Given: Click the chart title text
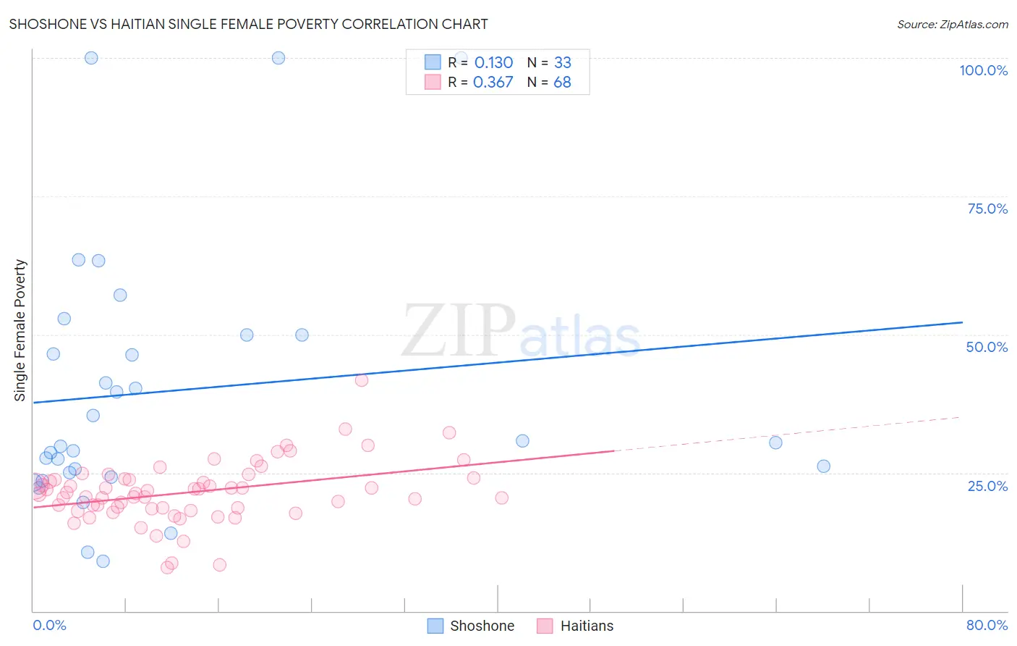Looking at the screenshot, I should click(x=248, y=24).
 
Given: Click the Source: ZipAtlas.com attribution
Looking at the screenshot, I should click(x=952, y=24).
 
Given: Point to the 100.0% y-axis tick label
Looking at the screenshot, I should click(x=983, y=70).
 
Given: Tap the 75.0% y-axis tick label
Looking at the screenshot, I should click(x=987, y=209).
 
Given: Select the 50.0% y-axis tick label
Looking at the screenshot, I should click(x=987, y=347).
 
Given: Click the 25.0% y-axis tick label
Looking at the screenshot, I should click(x=987, y=485).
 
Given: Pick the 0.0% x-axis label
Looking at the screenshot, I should click(x=49, y=625).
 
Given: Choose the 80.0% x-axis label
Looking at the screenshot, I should click(x=987, y=625).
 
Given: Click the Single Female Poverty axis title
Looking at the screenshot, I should click(x=20, y=330).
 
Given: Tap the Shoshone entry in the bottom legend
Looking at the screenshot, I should click(x=482, y=626).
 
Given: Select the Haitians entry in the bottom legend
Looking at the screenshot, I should click(x=587, y=626).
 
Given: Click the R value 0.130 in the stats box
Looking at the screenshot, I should click(x=493, y=63).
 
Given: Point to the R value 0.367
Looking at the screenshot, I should click(x=493, y=83).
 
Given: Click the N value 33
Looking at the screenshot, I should click(x=562, y=63).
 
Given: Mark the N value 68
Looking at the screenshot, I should click(x=562, y=83).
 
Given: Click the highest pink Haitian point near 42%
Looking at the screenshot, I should click(x=362, y=380).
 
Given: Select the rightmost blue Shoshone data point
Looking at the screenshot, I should click(x=823, y=466).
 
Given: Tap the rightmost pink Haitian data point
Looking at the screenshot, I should click(x=501, y=498).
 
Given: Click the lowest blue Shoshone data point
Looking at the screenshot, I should click(x=103, y=561).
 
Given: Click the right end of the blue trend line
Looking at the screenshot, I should click(x=962, y=322).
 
